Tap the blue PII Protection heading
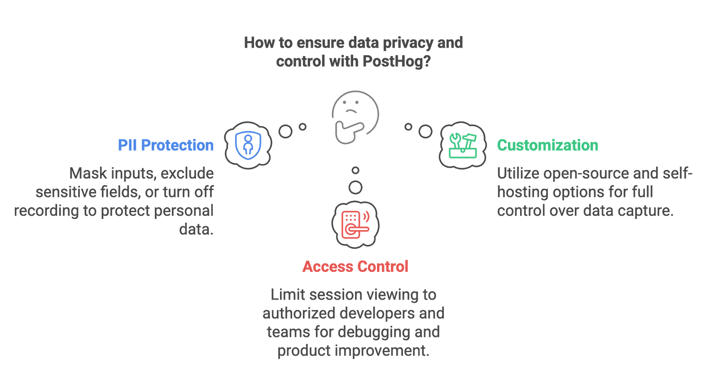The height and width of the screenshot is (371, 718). [166, 145]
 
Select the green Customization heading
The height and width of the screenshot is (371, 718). [547, 145]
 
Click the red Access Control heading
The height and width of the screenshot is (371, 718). [355, 266]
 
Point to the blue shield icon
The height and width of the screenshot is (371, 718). [248, 145]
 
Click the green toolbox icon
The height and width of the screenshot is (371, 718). [463, 146]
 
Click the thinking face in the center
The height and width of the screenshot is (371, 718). [355, 117]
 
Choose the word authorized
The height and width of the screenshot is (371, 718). [299, 313]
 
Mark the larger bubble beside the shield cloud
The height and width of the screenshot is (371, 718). [285, 131]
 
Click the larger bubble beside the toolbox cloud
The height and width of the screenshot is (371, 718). [425, 131]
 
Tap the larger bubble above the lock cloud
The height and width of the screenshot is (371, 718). [355, 188]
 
